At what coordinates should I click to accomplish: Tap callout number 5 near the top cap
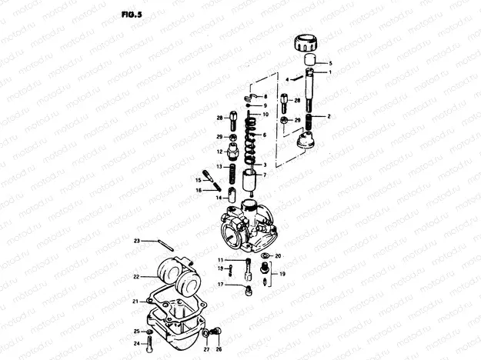[330, 62]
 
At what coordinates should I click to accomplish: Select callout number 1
[330, 72]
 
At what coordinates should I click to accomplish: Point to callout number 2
[329, 116]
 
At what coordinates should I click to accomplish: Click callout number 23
[136, 242]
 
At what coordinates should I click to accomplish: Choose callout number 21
[135, 301]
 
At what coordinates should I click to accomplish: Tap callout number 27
[205, 349]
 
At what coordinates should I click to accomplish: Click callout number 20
[278, 255]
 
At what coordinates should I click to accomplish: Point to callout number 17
[219, 285]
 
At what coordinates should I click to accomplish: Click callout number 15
[197, 179]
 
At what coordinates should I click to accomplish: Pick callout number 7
[264, 175]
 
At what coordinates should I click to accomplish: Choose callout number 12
[219, 152]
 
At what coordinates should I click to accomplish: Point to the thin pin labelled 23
[161, 246]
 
